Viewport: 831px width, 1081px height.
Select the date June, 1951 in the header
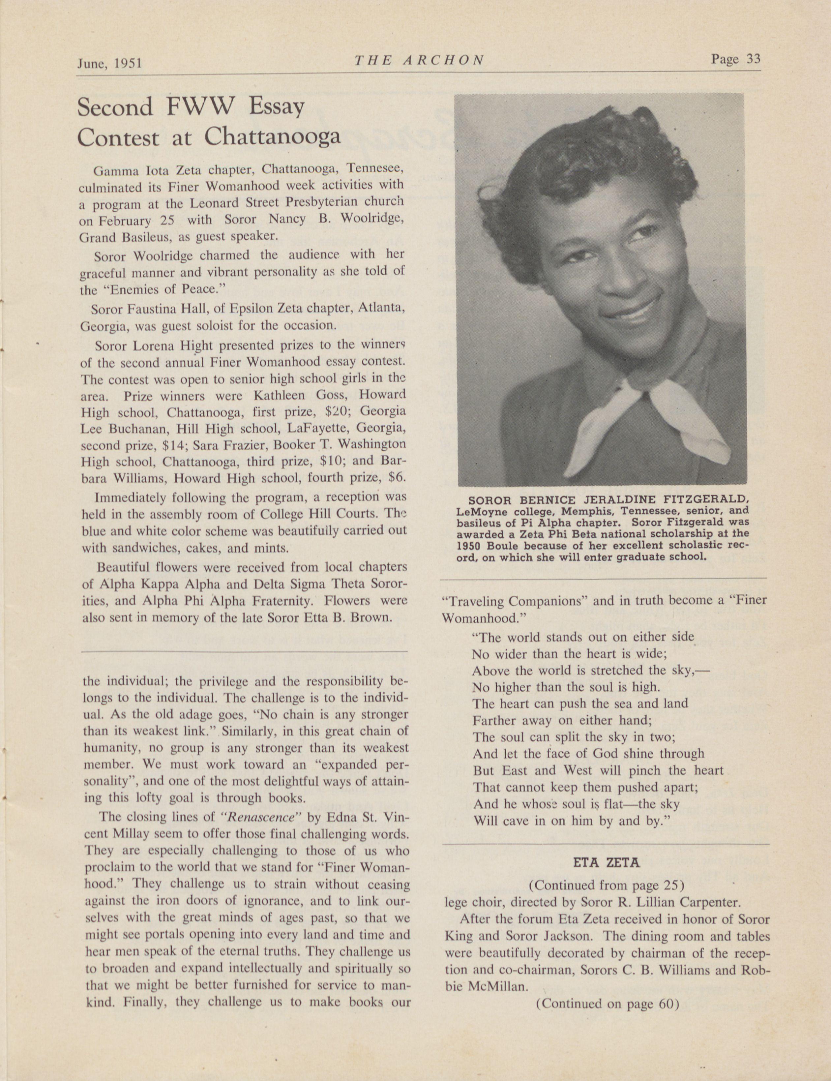109,63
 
